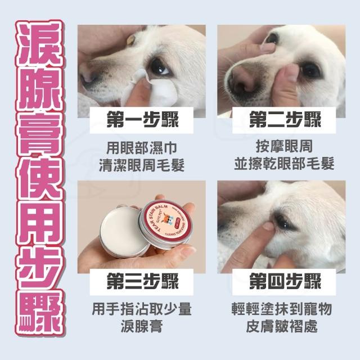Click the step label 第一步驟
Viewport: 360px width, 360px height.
tap(142, 120)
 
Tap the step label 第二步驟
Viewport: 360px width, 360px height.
tap(285, 120)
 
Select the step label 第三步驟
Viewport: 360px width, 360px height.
tap(142, 281)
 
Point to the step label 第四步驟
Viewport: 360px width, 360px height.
tap(285, 281)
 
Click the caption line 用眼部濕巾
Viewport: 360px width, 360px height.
tap(142, 148)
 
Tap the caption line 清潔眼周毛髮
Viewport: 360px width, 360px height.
tap(142, 165)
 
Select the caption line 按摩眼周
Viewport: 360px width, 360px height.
tap(284, 146)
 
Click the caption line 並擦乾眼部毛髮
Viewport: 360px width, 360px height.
tap(284, 164)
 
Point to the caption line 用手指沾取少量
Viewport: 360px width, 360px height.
tap(142, 309)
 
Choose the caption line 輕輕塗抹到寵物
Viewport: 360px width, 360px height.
tap(282, 309)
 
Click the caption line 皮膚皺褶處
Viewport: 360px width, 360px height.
tap(282, 326)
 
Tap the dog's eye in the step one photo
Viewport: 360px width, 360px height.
tap(159, 67)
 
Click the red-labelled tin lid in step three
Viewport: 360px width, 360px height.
tap(166, 221)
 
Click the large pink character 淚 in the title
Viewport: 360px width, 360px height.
tap(39, 44)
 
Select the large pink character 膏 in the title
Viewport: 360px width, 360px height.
tap(39, 134)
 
